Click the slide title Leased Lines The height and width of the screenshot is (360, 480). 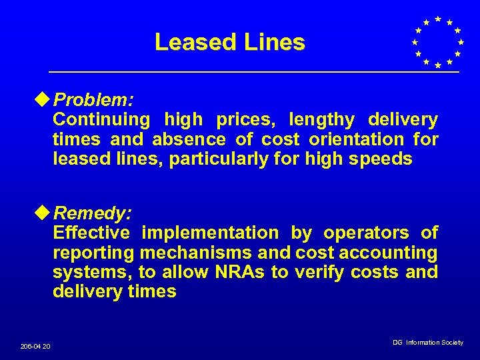tap(229, 43)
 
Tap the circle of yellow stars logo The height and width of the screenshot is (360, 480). tap(437, 41)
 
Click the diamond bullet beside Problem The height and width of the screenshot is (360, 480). tap(45, 100)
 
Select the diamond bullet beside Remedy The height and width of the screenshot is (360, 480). tap(45, 213)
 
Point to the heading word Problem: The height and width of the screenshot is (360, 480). tap(94, 101)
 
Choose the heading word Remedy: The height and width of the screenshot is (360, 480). tap(93, 214)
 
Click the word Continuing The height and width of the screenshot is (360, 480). tap(101, 121)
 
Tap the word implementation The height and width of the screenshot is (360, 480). tap(210, 233)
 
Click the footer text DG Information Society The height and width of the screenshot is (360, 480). tap(427, 343)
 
